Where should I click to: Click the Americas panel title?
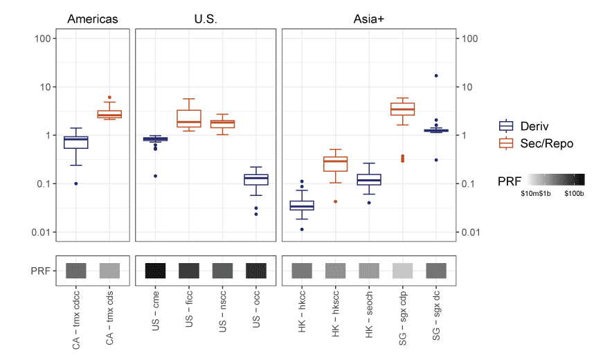[92, 19]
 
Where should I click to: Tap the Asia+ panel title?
[368, 19]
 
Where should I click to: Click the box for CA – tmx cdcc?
[75, 142]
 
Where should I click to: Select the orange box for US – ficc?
[189, 118]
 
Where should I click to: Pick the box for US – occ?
[257, 179]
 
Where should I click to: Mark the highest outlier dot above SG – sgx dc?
[436, 75]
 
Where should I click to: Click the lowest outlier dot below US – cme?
[155, 176]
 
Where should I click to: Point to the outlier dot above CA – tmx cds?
[109, 98]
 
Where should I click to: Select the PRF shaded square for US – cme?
[155, 270]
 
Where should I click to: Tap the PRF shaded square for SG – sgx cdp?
[403, 270]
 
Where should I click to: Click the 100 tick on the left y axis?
[46, 38]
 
